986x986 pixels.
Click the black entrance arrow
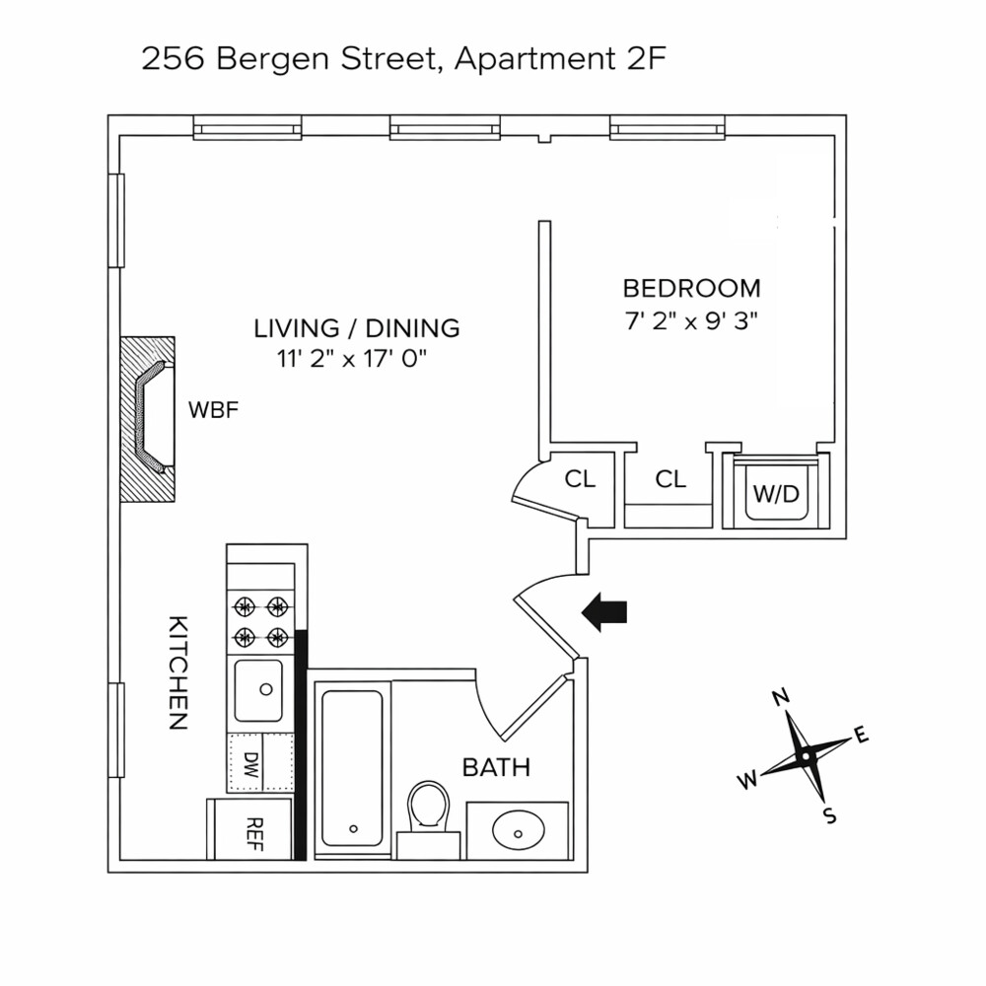tap(604, 612)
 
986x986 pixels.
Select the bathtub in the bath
tap(352, 767)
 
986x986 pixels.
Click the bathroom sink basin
tap(517, 830)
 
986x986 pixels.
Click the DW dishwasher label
tap(248, 763)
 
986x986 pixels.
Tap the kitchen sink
tap(257, 689)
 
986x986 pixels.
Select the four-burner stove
tap(260, 621)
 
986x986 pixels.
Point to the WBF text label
tap(214, 410)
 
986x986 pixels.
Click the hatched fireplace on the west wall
tap(148, 419)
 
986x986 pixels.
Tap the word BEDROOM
tap(691, 289)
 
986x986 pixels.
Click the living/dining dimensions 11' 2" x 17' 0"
tap(355, 360)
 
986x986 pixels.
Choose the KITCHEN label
tap(176, 672)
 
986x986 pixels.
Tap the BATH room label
tap(496, 767)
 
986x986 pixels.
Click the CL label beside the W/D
tap(670, 479)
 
